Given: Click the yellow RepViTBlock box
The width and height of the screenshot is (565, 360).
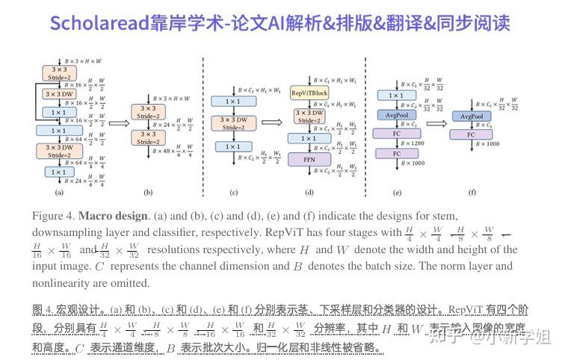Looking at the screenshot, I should click(x=309, y=93).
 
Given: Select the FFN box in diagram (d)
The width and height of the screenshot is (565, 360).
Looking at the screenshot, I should click(x=309, y=159).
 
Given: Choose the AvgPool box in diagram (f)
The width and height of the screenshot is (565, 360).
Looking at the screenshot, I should click(x=471, y=117).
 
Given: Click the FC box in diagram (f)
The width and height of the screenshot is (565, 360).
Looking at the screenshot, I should click(x=471, y=134).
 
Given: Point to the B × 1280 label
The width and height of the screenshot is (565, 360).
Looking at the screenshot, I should click(x=413, y=143).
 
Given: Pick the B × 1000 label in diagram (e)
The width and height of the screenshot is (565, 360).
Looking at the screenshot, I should click(x=413, y=162).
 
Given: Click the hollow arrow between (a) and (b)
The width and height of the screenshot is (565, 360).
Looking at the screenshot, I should click(x=118, y=124).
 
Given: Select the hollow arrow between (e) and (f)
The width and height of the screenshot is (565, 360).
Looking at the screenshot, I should click(x=435, y=124).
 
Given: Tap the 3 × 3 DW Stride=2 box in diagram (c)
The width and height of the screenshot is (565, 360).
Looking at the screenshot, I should click(x=233, y=123).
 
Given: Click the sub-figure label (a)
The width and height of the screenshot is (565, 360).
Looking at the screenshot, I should click(x=59, y=192).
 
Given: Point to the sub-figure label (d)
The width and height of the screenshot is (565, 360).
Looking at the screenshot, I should click(x=309, y=192).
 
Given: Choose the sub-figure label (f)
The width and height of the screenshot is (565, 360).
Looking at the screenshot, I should click(x=472, y=192).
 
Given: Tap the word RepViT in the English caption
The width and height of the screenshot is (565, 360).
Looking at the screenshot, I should click(x=287, y=232).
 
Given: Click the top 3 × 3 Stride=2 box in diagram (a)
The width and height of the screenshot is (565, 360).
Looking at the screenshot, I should click(x=59, y=72).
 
